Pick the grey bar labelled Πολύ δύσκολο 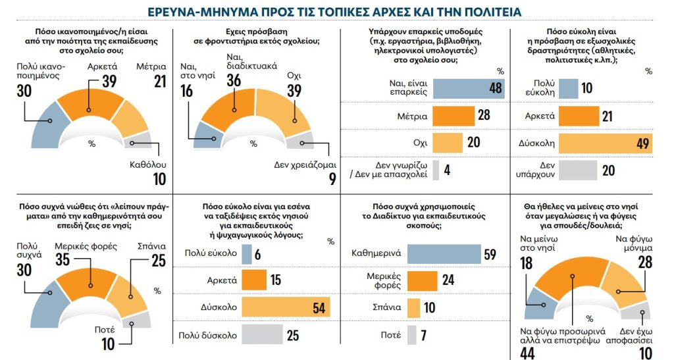click(x=263, y=335)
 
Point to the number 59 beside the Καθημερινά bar click(x=489, y=255)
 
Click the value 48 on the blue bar click(x=495, y=89)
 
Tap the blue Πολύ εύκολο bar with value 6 click(x=247, y=254)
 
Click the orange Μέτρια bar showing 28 click(x=454, y=116)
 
